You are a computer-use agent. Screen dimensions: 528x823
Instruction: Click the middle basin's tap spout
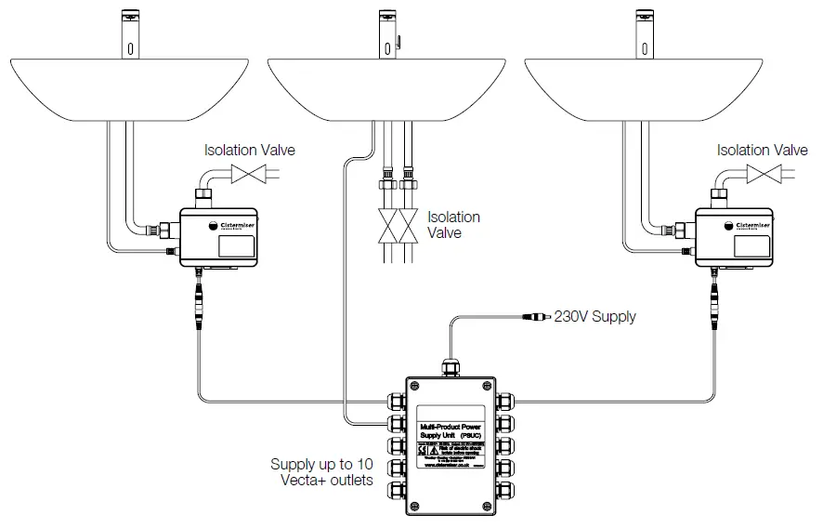click(x=386, y=33)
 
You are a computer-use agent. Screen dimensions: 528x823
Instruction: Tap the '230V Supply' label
click(x=595, y=317)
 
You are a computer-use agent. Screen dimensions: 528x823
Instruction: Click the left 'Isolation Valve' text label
click(x=250, y=150)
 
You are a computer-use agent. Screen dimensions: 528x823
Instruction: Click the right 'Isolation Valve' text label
click(x=763, y=150)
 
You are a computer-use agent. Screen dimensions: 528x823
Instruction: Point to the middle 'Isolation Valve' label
click(x=453, y=225)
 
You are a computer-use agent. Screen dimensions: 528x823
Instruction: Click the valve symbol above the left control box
click(x=248, y=174)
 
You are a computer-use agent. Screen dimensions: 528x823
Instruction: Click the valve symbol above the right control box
click(x=763, y=174)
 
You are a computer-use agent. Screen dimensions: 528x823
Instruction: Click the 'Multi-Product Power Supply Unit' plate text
click(x=451, y=429)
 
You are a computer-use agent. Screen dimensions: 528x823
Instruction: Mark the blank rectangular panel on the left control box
click(x=237, y=247)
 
